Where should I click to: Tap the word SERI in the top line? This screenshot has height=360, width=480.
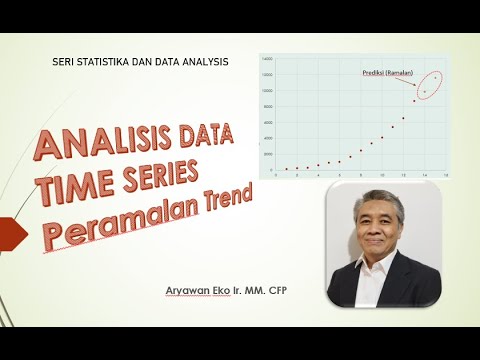click(62, 62)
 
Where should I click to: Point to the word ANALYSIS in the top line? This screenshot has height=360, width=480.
click(203, 62)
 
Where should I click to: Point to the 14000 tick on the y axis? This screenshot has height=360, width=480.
click(267, 59)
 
